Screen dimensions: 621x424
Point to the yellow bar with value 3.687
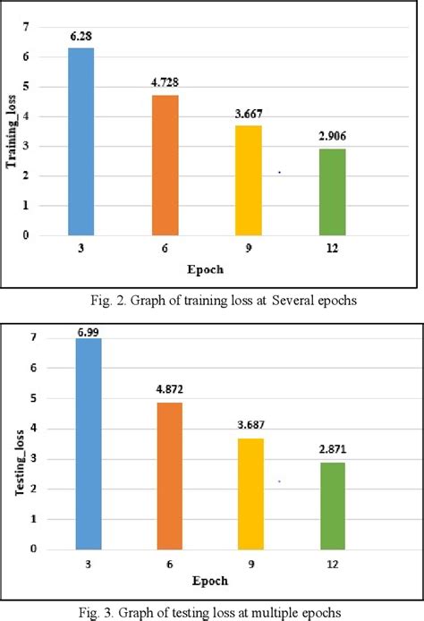[252, 494]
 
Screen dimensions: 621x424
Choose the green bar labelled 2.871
[338, 506]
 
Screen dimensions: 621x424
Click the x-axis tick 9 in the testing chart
[252, 566]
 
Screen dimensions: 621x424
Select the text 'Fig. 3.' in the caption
[105, 611]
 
